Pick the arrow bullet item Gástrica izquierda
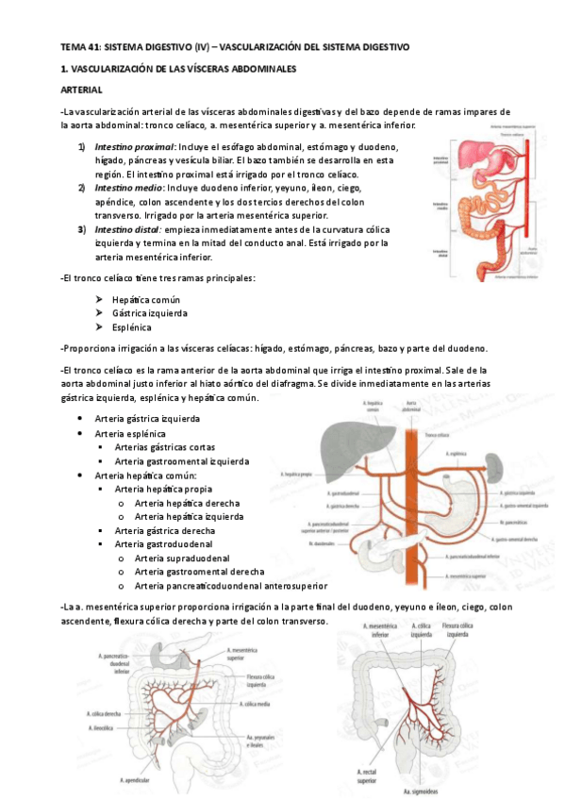click(149, 312)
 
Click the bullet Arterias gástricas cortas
click(164, 447)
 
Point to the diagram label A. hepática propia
click(297, 475)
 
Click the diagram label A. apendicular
click(138, 780)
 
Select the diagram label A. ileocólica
click(105, 728)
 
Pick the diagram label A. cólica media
click(258, 704)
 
